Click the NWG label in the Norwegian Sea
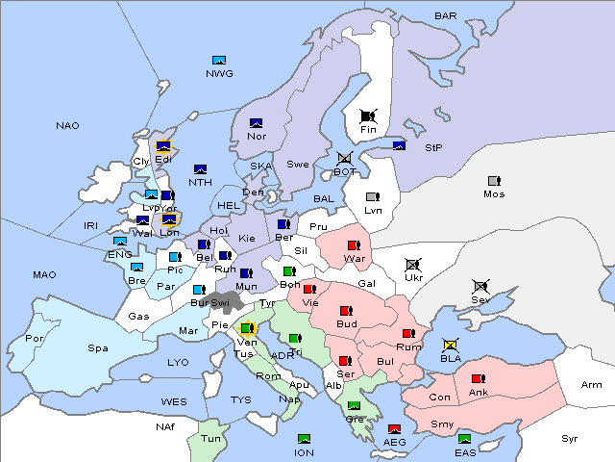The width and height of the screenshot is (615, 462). point(218,73)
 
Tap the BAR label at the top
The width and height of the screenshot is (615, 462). point(445,16)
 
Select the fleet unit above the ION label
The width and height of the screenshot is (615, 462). point(305,439)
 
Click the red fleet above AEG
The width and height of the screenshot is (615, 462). point(394,429)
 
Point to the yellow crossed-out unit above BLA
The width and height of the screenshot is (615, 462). point(450,345)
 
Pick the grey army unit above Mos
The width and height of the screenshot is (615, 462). point(494,181)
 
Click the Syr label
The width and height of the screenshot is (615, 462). point(571,438)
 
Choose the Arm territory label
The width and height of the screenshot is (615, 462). point(592,385)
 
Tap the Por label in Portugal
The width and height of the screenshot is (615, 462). point(35,339)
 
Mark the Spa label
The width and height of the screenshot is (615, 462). point(97,348)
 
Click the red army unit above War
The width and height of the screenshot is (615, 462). point(354,245)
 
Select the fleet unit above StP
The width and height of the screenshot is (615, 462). point(399,146)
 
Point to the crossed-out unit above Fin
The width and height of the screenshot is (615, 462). point(368,115)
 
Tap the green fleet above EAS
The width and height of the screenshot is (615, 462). point(464,439)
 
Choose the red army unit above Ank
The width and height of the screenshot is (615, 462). point(478,379)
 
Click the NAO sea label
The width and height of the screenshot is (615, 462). point(67,126)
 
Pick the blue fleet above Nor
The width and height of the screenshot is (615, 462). point(256,122)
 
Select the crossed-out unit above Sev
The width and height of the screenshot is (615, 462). point(480,287)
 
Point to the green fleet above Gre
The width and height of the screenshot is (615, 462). point(354,405)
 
